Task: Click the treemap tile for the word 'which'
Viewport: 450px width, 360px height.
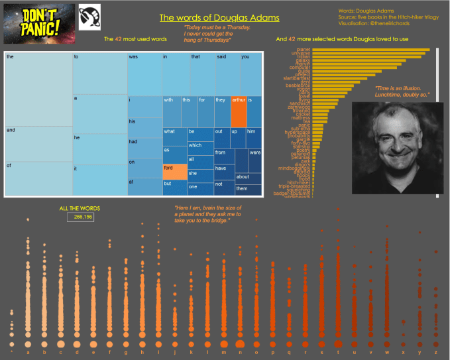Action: point(199,147)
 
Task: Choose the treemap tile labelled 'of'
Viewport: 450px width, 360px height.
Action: point(38,178)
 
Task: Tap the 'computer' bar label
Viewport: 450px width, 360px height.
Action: point(300,67)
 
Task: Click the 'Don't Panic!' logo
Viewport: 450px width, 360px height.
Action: point(39,23)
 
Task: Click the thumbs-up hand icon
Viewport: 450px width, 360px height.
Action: point(89,15)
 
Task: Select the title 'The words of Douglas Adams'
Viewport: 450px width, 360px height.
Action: point(219,17)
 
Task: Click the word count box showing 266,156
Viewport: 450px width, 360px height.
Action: point(80,217)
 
